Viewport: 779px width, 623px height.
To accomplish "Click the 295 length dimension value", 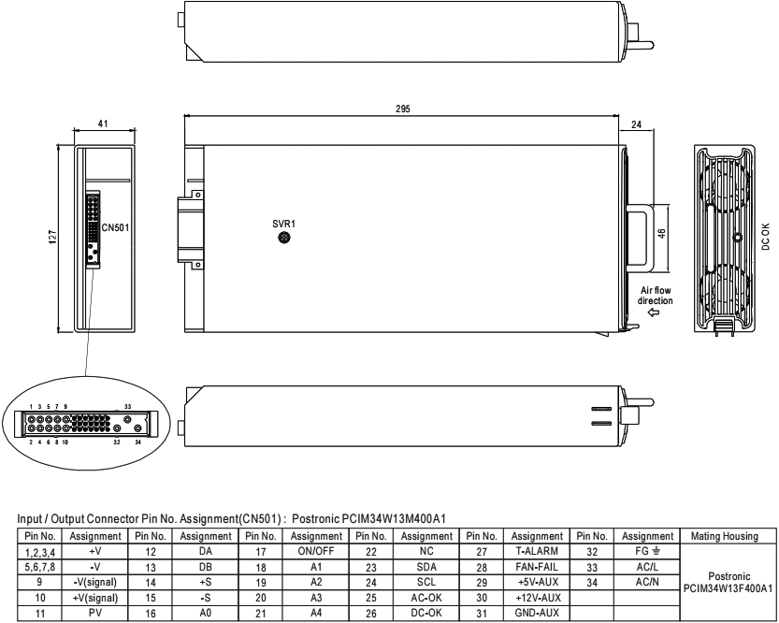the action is (402, 109).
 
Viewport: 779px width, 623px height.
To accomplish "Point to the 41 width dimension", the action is (103, 123).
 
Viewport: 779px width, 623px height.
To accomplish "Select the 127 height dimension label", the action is (52, 237).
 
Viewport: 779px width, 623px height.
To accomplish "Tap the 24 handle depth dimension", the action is (636, 124).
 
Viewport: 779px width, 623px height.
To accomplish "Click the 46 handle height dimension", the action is (661, 233).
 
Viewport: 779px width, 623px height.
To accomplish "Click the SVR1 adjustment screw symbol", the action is (283, 238).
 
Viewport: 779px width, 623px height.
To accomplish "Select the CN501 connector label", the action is (115, 227).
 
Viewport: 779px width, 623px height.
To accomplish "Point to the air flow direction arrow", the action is (654, 312).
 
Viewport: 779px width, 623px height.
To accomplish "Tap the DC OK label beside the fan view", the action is (765, 236).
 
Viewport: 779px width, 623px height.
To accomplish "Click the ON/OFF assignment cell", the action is (316, 551).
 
